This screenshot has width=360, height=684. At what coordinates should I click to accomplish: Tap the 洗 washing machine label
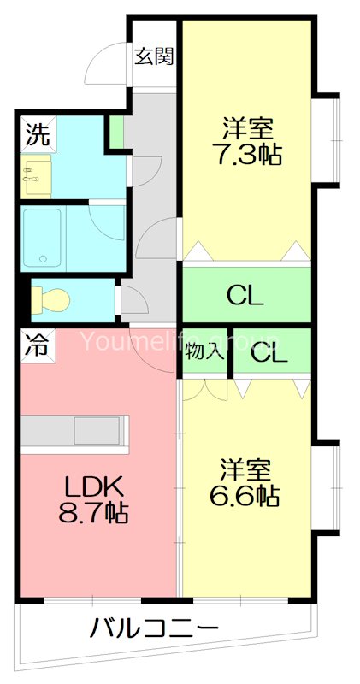pyautogui.click(x=36, y=133)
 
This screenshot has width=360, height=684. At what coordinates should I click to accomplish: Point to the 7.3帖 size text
pyautogui.click(x=249, y=156)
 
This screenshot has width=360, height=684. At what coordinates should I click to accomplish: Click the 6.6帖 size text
pyautogui.click(x=246, y=495)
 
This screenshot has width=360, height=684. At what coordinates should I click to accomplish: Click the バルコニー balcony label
pyautogui.click(x=154, y=629)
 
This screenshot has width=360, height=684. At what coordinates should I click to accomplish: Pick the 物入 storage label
pyautogui.click(x=205, y=351)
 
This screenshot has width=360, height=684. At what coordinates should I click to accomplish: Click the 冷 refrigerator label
pyautogui.click(x=36, y=346)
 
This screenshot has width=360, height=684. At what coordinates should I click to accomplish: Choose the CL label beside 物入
pyautogui.click(x=269, y=351)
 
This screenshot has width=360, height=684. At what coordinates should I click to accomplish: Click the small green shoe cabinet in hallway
pyautogui.click(x=115, y=133)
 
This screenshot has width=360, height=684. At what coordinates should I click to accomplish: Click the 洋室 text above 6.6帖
pyautogui.click(x=246, y=469)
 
